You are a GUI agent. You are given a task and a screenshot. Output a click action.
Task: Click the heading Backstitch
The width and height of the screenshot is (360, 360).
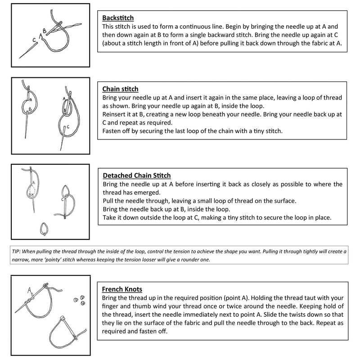118,18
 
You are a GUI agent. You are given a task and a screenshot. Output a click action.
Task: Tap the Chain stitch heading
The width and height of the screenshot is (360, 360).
120,89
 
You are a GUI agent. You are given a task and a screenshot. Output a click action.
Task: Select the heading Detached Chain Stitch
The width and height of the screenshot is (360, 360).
137,175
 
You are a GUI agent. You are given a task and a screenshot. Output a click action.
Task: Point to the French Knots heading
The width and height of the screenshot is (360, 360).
122,289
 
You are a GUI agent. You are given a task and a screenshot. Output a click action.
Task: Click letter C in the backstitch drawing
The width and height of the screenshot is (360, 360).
34,40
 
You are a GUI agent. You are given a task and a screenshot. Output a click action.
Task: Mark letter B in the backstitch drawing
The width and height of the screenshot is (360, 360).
45,31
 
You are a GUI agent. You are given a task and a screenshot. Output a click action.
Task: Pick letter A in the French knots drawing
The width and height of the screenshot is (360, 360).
29,290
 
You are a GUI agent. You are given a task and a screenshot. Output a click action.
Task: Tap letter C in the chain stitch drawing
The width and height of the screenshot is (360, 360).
68,127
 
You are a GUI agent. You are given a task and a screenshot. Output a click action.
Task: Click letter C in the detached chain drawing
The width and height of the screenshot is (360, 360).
62,199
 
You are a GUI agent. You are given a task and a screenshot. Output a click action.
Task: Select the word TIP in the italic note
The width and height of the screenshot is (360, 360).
16,252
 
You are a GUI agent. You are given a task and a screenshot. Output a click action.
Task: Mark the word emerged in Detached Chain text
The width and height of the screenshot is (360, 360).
148,193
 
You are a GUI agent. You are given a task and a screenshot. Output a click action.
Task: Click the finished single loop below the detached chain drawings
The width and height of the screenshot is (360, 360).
44,229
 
